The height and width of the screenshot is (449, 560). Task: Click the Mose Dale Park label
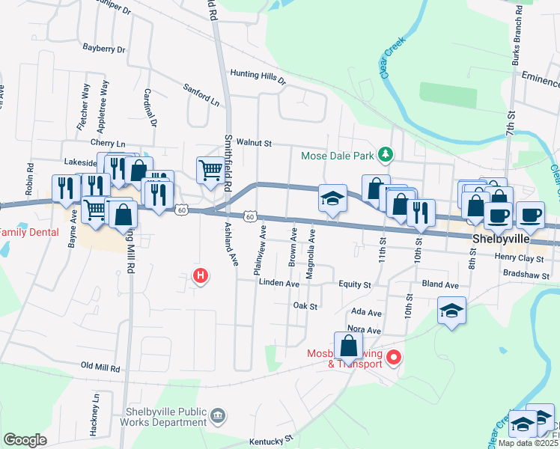[x=337, y=156]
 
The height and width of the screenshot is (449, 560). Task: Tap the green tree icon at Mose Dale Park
[x=386, y=155]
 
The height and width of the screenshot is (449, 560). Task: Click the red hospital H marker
[x=200, y=276]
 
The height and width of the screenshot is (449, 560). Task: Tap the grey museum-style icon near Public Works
[x=218, y=415]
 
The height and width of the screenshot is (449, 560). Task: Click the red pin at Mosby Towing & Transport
[x=396, y=357]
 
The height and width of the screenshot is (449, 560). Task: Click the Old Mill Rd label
[x=100, y=367]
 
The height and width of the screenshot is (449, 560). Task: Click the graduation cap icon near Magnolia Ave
[x=332, y=198]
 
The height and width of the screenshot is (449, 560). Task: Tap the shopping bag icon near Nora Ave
[x=348, y=346]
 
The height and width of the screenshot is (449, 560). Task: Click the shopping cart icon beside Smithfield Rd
[x=209, y=170]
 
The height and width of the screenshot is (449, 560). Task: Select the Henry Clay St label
[x=523, y=257]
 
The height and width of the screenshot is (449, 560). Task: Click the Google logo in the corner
[x=25, y=440]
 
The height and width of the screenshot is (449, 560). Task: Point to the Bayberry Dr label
[x=104, y=49]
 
